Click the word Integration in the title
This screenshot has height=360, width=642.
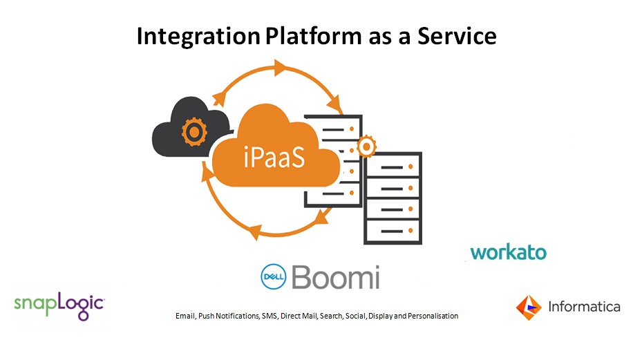click(198, 37)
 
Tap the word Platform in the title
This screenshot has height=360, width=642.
click(313, 36)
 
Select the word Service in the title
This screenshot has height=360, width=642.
click(457, 36)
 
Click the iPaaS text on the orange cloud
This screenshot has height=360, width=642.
click(274, 157)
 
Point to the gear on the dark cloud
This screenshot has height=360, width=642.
click(194, 132)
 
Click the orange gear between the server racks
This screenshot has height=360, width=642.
click(366, 146)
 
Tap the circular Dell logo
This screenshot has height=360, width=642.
click(273, 277)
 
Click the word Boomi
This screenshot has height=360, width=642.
click(336, 277)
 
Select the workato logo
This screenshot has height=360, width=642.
click(508, 252)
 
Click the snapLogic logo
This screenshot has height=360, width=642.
click(59, 305)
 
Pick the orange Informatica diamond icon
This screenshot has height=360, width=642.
click(528, 307)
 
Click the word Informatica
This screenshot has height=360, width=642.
click(584, 307)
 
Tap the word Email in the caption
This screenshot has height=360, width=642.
click(185, 316)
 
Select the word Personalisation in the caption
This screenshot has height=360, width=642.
click(433, 316)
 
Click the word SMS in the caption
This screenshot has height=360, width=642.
click(270, 316)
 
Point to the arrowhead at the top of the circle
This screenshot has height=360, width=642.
click(280, 68)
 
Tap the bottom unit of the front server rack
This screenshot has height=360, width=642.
click(393, 231)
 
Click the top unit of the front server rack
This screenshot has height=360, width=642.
click(393, 167)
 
